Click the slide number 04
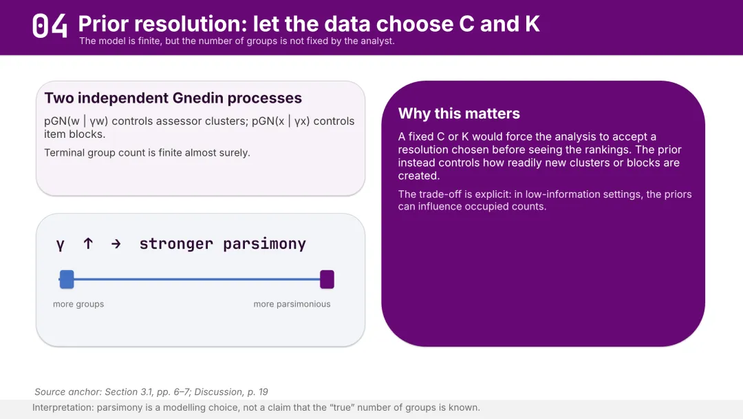pyautogui.click(x=50, y=25)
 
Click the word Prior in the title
pyautogui.click(x=106, y=23)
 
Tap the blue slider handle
pyautogui.click(x=67, y=280)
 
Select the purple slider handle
pyautogui.click(x=327, y=280)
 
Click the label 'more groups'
pyautogui.click(x=78, y=304)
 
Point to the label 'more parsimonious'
pyautogui.click(x=292, y=304)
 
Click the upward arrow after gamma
pyautogui.click(x=88, y=243)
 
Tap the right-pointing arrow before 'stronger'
pyautogui.click(x=116, y=244)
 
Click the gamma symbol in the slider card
pyautogui.click(x=60, y=245)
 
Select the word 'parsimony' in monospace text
pyautogui.click(x=264, y=244)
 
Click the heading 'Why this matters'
pyautogui.click(x=459, y=114)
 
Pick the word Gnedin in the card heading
pyautogui.click(x=197, y=98)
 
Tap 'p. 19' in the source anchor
pyautogui.click(x=257, y=392)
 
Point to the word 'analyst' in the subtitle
pyautogui.click(x=378, y=41)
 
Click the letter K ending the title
pyautogui.click(x=532, y=23)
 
